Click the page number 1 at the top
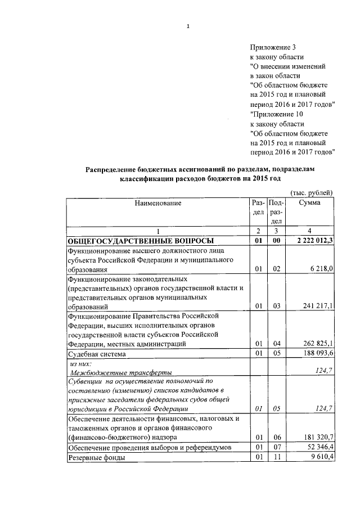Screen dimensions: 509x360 (x=188, y=26)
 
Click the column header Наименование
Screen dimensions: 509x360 (x=157, y=203)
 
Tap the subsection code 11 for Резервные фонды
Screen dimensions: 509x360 (x=276, y=458)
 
